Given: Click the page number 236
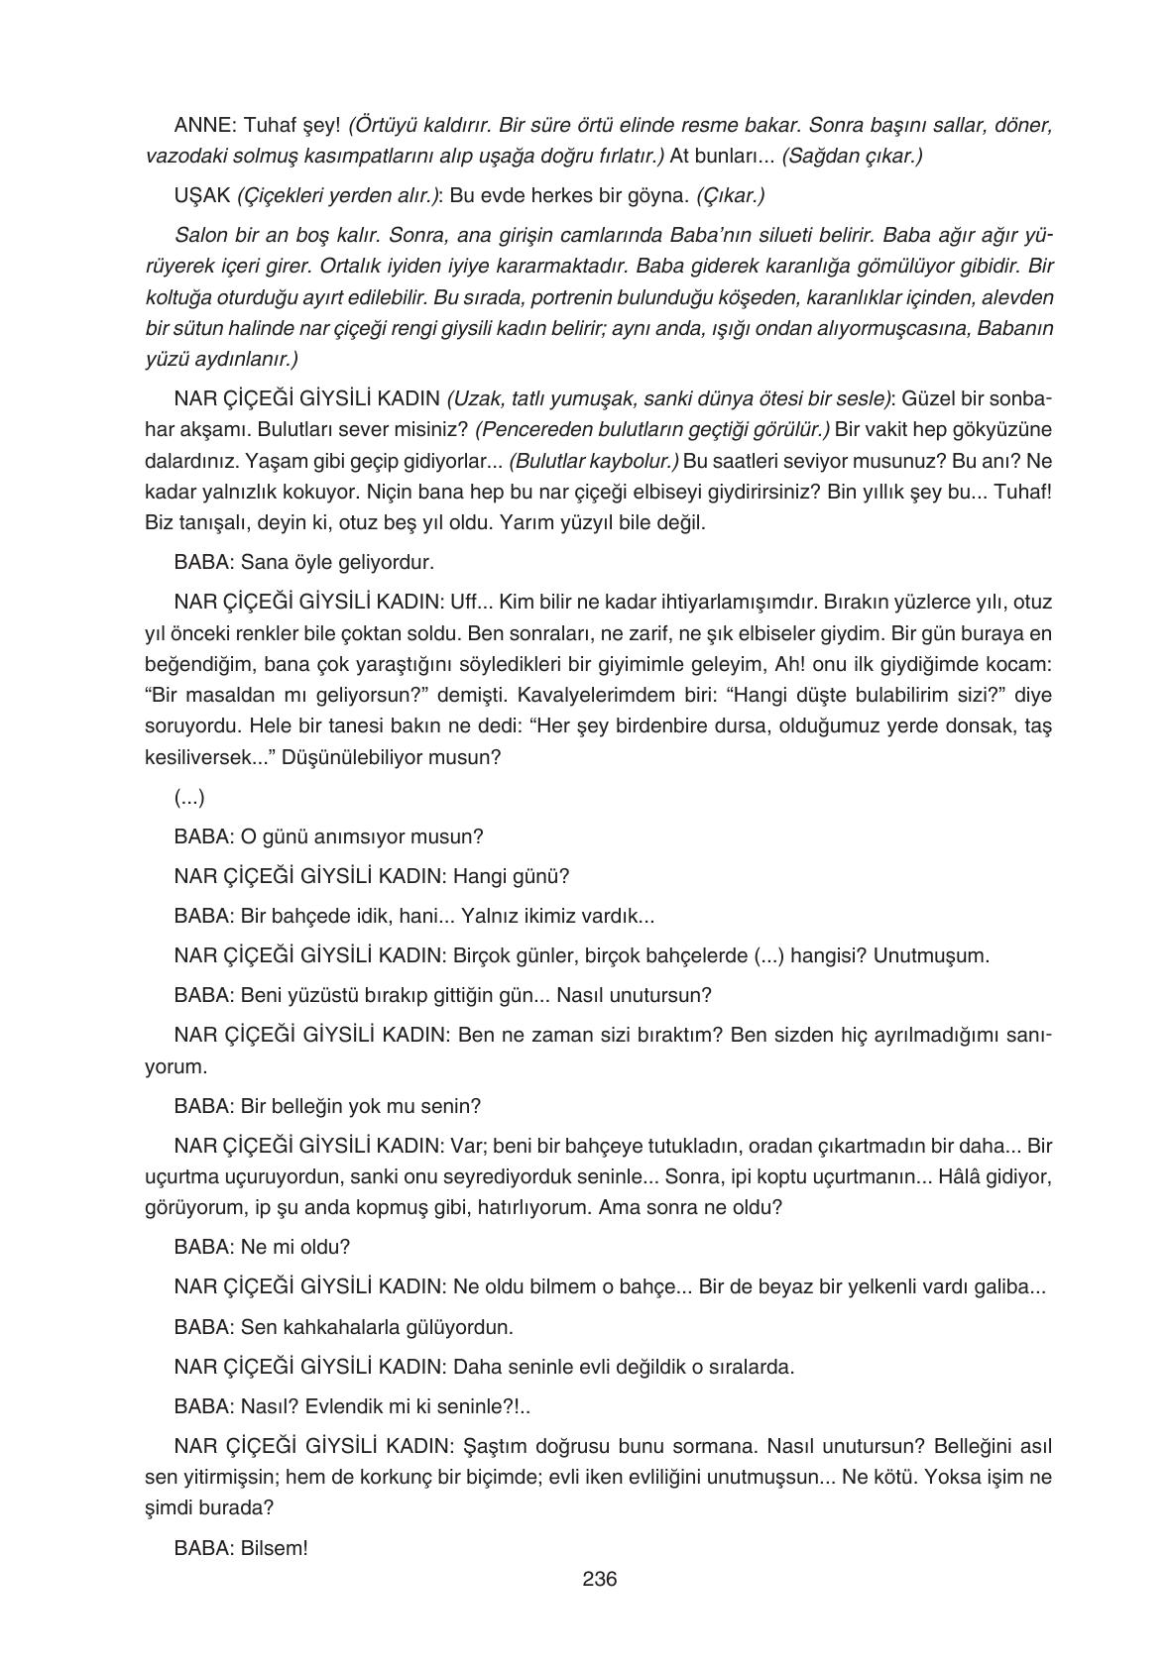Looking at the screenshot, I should (x=599, y=1579).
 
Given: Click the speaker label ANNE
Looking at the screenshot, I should (x=202, y=126).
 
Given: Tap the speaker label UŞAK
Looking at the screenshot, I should (x=202, y=195).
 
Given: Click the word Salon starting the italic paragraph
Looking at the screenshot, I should (x=200, y=236).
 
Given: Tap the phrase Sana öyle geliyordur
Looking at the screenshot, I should (x=337, y=562).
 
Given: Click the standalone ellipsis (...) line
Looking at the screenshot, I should (x=188, y=796).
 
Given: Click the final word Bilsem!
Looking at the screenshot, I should (x=275, y=1547).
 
